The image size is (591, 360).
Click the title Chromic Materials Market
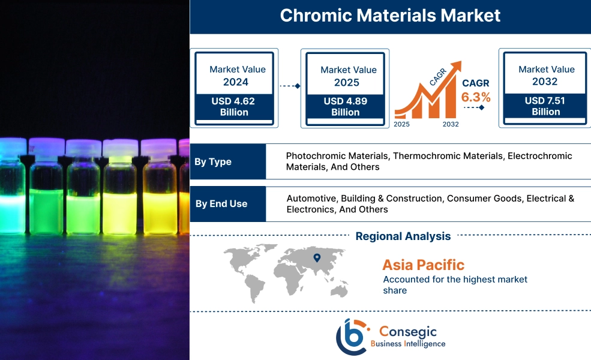[390, 16]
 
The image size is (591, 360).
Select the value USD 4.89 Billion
[345, 107]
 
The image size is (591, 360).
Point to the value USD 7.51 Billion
[545, 106]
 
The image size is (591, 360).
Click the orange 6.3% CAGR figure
[476, 97]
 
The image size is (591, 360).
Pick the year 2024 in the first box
[235, 82]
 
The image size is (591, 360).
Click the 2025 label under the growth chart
[403, 124]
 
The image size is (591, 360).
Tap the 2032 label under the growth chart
[450, 124]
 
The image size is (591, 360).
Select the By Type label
[213, 161]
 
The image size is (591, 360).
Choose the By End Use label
[221, 203]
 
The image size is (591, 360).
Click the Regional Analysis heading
[403, 236]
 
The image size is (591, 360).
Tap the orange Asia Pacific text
[423, 265]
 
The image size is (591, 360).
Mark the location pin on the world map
[317, 258]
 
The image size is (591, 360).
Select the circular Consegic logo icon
[352, 337]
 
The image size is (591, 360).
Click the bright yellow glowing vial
[120, 192]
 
